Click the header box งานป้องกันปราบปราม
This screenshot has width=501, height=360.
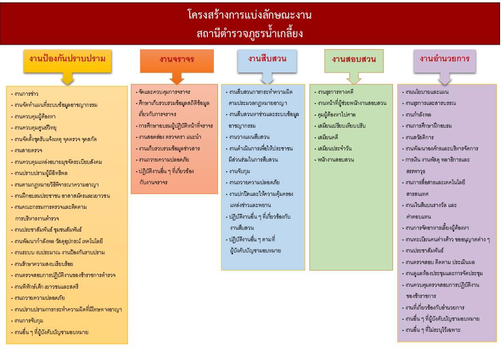(x=67, y=61)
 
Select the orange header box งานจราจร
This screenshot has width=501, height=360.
(x=177, y=61)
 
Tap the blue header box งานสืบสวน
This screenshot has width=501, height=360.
(x=267, y=61)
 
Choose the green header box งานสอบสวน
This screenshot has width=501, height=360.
(x=353, y=61)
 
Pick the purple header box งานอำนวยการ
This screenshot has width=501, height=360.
(x=444, y=61)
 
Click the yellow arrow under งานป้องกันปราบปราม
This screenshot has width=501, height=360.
(x=67, y=78)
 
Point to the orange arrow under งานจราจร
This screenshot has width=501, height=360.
(x=177, y=78)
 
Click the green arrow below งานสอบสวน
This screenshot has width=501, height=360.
(x=353, y=78)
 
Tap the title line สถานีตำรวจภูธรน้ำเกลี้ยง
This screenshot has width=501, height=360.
(x=250, y=33)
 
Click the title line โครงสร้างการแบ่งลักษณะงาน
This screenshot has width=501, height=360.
(x=250, y=15)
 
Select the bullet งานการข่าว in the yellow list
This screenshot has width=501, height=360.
(x=25, y=94)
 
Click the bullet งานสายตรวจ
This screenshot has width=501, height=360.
(x=27, y=150)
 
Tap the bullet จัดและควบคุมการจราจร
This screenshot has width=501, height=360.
(x=163, y=92)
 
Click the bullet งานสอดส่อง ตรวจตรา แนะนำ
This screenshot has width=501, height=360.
(x=168, y=137)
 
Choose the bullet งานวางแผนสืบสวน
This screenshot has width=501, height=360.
(x=248, y=137)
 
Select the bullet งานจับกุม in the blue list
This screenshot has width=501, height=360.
(x=238, y=171)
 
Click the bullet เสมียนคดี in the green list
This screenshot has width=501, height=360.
(x=326, y=137)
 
